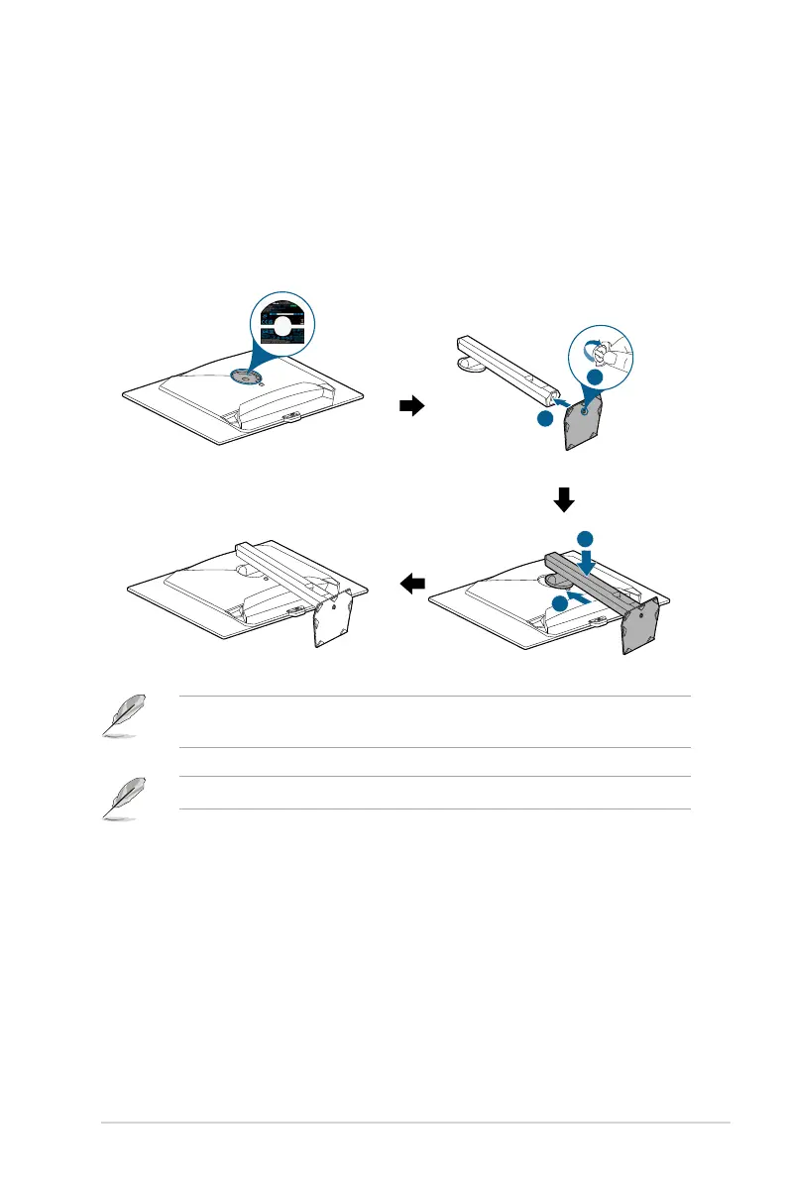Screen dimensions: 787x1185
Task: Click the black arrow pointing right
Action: (410, 405)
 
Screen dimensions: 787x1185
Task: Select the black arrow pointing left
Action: (411, 586)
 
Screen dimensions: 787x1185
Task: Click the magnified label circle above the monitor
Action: (281, 328)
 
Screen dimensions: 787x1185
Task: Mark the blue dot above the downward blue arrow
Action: (586, 537)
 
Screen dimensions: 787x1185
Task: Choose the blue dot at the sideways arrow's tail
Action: (560, 602)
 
